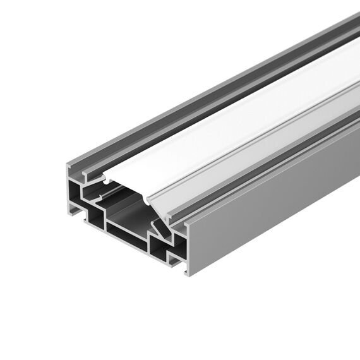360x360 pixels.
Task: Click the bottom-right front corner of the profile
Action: (x=188, y=273)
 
